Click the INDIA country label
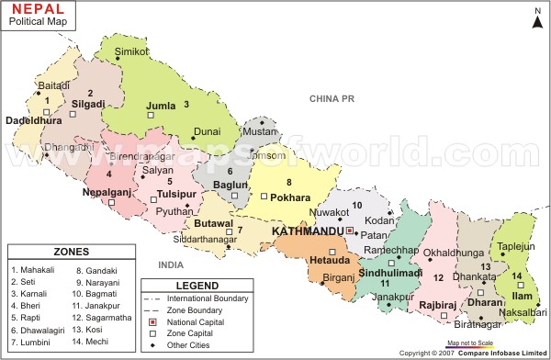[x=172, y=264]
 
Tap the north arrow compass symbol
[x=536, y=19]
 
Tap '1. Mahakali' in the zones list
[x=34, y=270]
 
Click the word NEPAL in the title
[x=39, y=8]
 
